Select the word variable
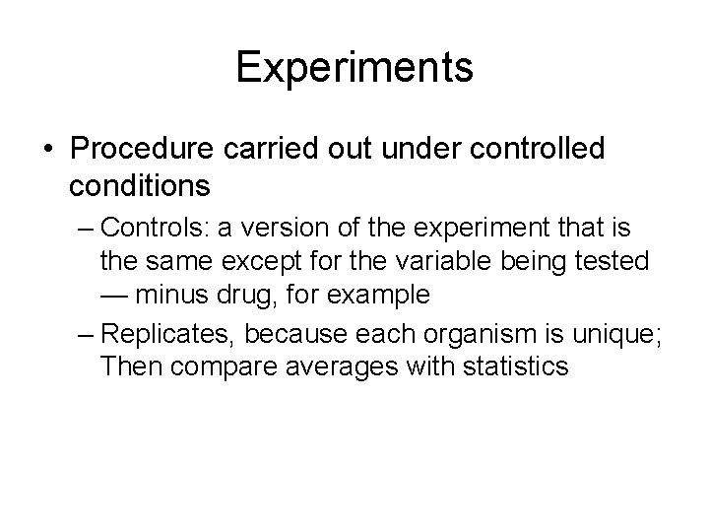click(462, 261)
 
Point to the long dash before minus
click(117, 296)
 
